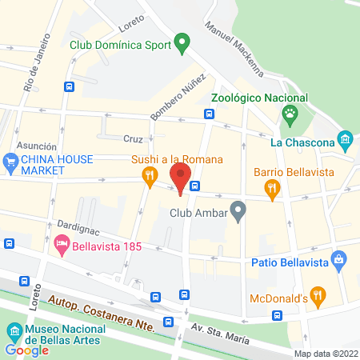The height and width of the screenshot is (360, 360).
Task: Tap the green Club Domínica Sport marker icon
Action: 182,42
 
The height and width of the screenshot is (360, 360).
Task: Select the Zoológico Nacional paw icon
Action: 289,117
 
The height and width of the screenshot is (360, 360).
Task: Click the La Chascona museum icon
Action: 346,141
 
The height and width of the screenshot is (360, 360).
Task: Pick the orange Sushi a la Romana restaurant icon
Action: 148,177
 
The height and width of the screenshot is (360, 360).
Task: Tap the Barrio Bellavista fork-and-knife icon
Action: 273,189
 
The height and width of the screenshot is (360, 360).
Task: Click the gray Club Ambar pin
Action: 237,212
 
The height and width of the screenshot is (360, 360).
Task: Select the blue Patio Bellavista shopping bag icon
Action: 340,261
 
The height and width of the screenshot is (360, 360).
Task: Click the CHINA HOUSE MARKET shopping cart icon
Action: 11,164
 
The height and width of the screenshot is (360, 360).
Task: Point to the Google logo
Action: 26,350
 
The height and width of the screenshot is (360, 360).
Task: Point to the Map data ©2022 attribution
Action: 326,354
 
